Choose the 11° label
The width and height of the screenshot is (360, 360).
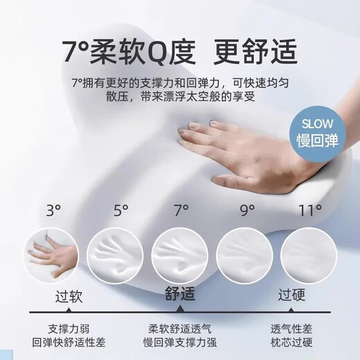310,209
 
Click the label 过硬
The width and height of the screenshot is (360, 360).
294,296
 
